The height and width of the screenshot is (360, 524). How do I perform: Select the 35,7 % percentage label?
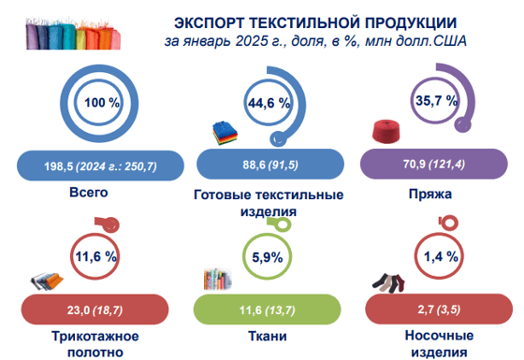(435, 99)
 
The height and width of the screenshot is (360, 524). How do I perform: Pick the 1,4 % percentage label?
(437, 255)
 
